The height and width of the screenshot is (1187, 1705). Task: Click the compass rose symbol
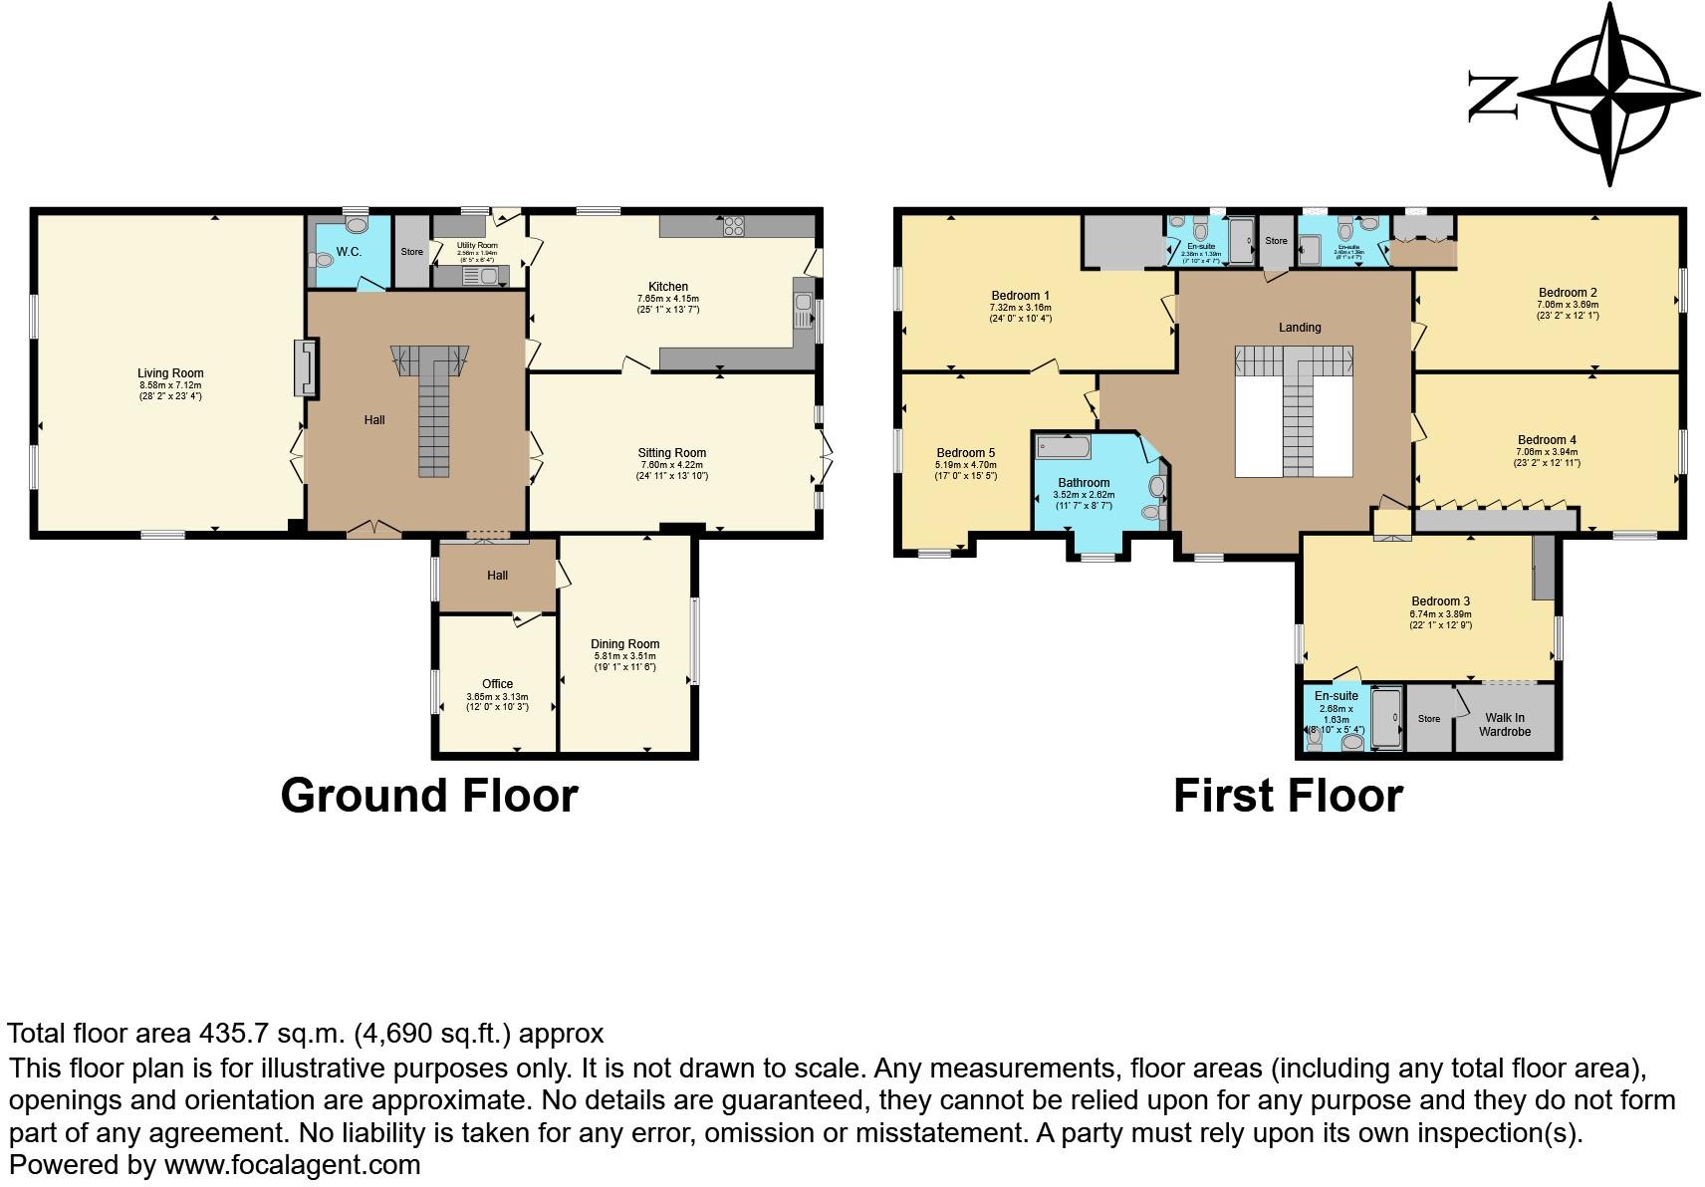[x=1609, y=96]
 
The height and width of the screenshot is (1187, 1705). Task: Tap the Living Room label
[x=170, y=373]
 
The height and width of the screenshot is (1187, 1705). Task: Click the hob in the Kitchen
[x=734, y=226]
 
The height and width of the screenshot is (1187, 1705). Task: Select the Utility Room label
[x=477, y=245]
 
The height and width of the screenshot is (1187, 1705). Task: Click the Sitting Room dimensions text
[x=671, y=476]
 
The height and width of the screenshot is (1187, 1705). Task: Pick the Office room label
[x=497, y=683]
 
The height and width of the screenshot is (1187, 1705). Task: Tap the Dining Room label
[x=624, y=643]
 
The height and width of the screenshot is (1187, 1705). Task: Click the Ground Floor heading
[x=428, y=796]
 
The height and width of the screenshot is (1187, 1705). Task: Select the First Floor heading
[x=1287, y=796]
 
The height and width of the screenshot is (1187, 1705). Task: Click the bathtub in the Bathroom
[x=1063, y=446]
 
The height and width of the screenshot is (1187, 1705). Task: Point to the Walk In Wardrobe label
[x=1504, y=724]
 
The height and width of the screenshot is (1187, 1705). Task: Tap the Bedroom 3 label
[x=1440, y=601]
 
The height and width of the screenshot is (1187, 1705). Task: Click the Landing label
[x=1300, y=328]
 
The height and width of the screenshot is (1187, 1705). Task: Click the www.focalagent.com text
[x=292, y=1164]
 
